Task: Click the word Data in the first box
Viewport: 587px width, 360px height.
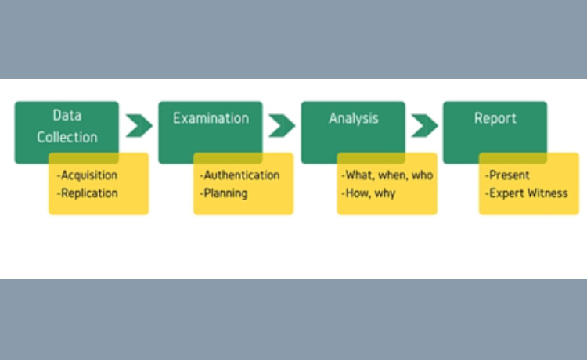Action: tap(67, 116)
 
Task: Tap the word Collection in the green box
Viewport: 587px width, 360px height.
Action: tap(67, 137)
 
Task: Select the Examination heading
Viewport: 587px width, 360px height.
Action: tap(211, 119)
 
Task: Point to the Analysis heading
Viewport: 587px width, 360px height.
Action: tap(353, 119)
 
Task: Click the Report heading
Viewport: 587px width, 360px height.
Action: tap(495, 119)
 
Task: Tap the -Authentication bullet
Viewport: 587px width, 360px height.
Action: tap(239, 175)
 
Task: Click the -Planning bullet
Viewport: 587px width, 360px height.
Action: tap(224, 193)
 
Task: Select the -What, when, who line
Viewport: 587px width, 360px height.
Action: tap(387, 175)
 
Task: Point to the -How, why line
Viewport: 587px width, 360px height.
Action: tap(368, 193)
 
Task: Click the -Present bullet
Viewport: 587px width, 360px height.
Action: tap(507, 175)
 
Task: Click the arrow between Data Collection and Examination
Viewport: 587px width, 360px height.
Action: tap(139, 125)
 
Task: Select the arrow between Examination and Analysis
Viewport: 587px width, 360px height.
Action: tap(282, 125)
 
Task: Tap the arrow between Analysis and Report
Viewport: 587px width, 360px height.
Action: tap(424, 125)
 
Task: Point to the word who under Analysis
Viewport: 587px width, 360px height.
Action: tap(421, 175)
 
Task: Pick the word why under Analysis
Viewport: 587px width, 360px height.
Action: tap(384, 193)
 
